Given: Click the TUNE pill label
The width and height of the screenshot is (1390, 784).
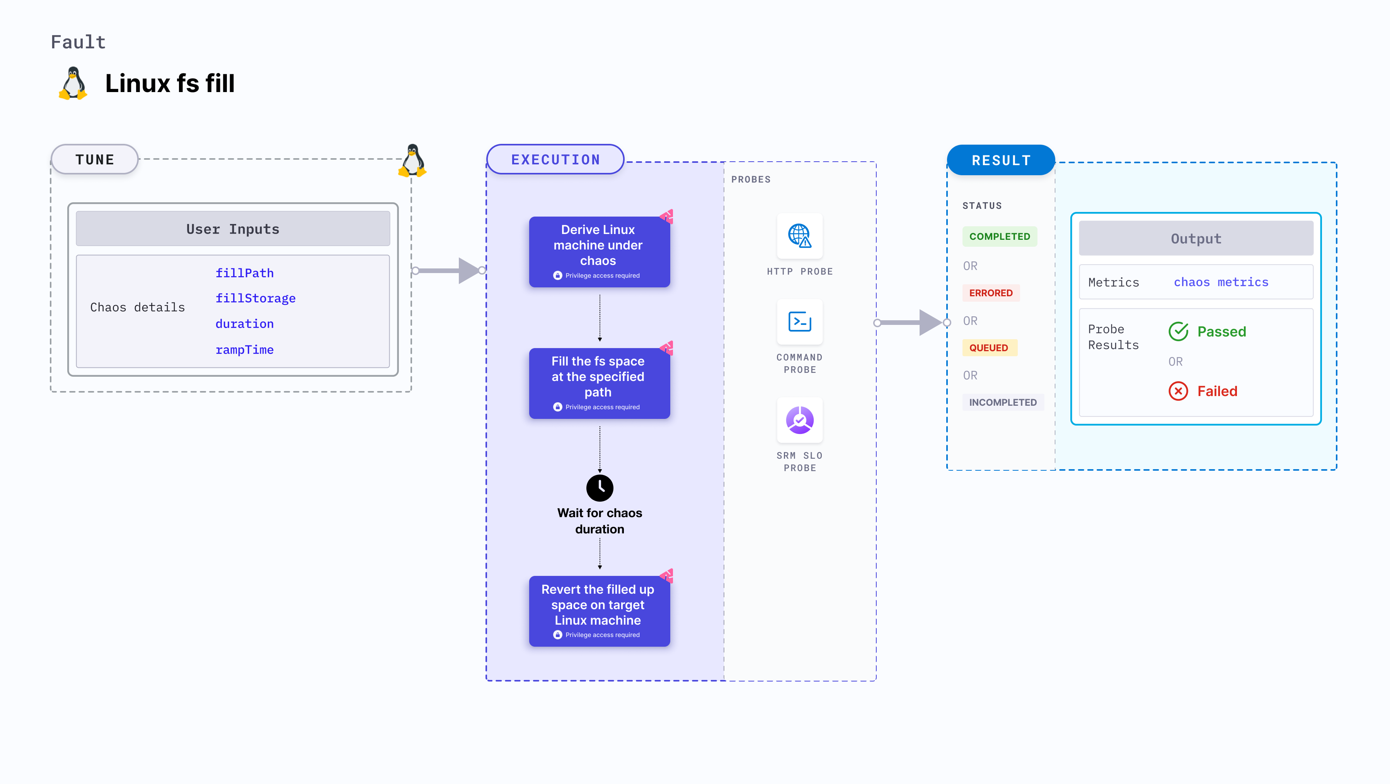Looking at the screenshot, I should [x=95, y=160].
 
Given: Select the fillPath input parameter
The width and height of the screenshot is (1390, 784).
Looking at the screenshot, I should [x=244, y=273].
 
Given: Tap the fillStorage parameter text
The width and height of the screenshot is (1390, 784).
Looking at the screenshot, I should [x=255, y=299].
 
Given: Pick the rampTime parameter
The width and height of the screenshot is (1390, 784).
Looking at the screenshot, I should [x=244, y=350].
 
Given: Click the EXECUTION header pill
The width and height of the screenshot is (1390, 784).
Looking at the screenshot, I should [x=555, y=160].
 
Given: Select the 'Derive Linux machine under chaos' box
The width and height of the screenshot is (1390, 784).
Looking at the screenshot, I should [x=599, y=252].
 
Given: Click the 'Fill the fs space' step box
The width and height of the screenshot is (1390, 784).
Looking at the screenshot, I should [x=599, y=383].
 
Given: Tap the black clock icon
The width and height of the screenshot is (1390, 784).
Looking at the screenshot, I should [x=600, y=488].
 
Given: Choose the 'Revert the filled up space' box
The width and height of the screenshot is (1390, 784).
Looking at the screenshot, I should [x=599, y=611].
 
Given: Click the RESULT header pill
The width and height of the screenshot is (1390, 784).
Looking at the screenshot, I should [x=1001, y=161].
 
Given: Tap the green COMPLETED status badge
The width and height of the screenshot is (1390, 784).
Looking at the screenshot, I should [x=999, y=236].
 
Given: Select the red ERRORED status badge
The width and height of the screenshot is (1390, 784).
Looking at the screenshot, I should [x=991, y=293].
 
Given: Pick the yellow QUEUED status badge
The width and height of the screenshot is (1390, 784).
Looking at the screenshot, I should [x=988, y=348].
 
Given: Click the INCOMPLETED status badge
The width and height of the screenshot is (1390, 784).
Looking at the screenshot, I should [x=1003, y=402].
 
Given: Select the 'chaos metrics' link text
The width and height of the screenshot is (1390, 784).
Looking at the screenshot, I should [x=1221, y=282].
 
